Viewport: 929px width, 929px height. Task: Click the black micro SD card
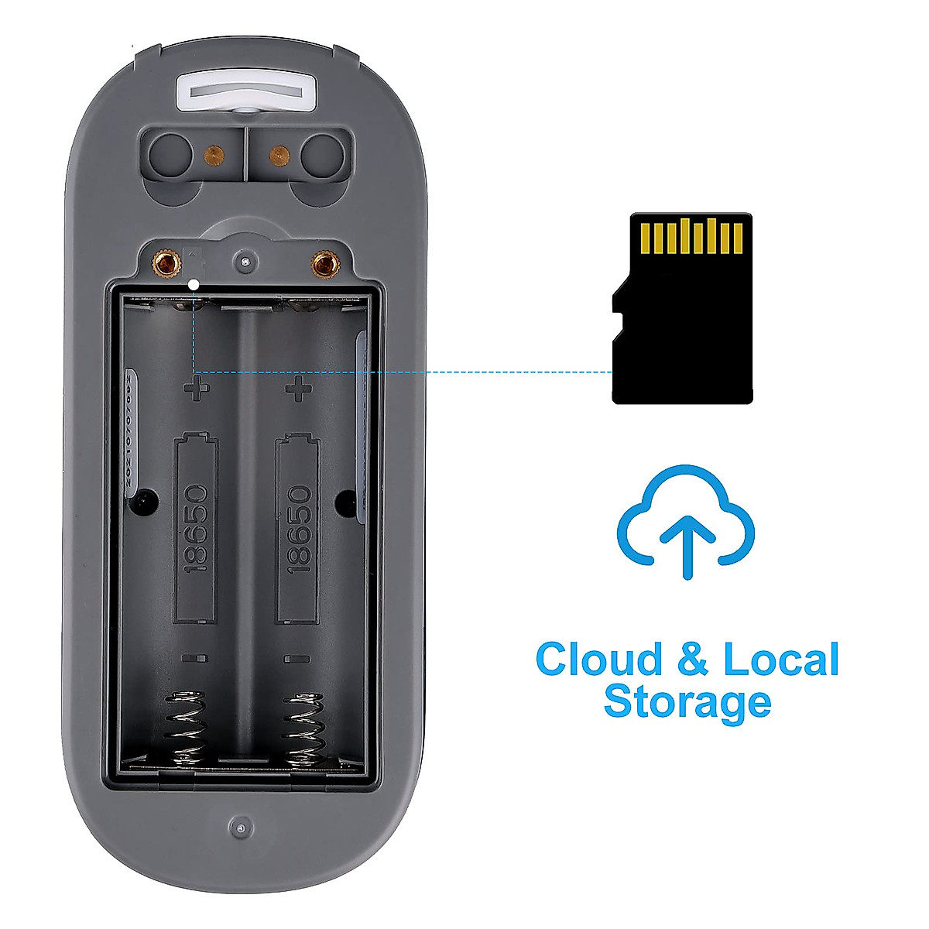click(682, 325)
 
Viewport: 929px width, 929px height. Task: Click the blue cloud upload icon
click(685, 521)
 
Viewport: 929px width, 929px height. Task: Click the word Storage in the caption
click(687, 701)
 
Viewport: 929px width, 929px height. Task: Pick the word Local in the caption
click(780, 660)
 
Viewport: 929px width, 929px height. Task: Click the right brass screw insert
click(323, 265)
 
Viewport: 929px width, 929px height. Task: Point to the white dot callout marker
click(194, 284)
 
